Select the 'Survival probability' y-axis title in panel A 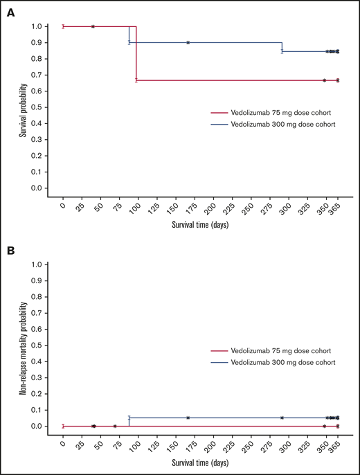tap(23, 107)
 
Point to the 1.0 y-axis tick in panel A tap(44, 26)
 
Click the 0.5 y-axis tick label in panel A tap(44, 107)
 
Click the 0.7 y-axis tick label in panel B tap(44, 313)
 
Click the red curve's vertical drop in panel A tap(136, 54)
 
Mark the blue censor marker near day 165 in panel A tap(188, 42)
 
